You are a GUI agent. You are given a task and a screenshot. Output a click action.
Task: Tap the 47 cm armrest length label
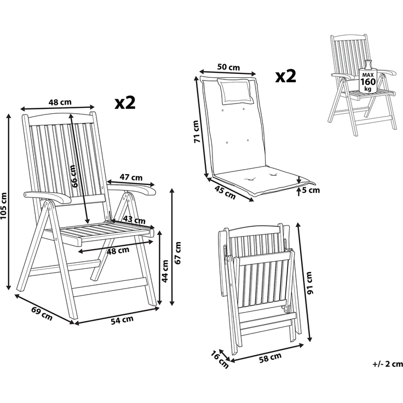pyautogui.click(x=131, y=177)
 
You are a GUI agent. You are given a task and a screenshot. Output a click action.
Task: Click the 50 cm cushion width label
pyautogui.click(x=228, y=67)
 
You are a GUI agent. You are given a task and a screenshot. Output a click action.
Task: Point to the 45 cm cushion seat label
pyautogui.click(x=225, y=193)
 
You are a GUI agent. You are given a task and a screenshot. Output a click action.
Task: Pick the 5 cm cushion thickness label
pyautogui.click(x=310, y=191)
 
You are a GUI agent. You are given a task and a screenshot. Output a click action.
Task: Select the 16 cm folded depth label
pyautogui.click(x=220, y=359)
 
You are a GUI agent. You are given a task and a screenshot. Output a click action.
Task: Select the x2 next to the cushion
pyautogui.click(x=285, y=76)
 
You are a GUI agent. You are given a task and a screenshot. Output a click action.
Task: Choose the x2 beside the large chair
pyautogui.click(x=125, y=102)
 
